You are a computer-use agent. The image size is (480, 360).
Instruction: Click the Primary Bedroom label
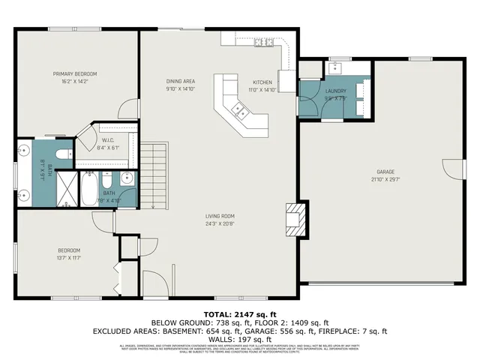pos(75,73)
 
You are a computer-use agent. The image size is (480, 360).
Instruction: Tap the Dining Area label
pos(180,81)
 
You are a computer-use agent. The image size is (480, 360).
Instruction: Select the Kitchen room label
pos(262,82)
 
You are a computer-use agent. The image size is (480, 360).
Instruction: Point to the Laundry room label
pos(335,91)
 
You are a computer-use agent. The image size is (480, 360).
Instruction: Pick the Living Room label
pos(220,217)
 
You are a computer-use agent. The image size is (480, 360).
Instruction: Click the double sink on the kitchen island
pos(241,112)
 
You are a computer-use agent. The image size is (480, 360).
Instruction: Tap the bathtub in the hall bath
pos(90,189)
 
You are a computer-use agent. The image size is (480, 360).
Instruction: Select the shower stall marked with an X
pos(67,189)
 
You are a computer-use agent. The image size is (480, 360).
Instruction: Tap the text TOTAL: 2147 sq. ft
pos(239,313)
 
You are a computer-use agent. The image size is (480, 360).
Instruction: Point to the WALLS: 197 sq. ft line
pos(239,338)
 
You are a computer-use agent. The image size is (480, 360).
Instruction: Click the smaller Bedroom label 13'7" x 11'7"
pos(69,253)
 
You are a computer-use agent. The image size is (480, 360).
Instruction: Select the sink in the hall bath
pos(126,178)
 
